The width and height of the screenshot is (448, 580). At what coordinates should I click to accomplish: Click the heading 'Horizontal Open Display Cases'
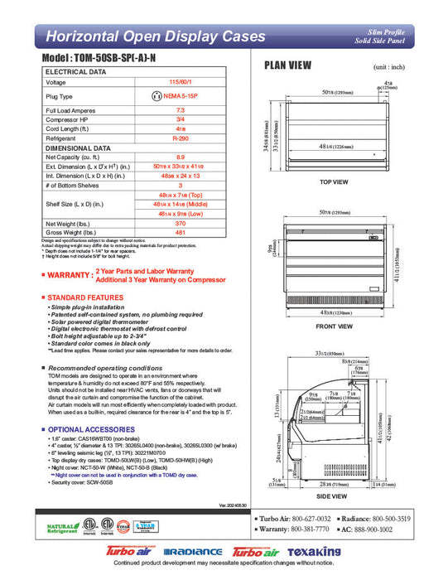click(x=155, y=36)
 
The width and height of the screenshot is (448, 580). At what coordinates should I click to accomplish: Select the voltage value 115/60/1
click(x=191, y=83)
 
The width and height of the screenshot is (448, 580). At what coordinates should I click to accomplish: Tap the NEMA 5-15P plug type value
click(x=194, y=96)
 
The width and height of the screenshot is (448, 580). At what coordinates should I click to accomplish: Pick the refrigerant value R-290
click(x=192, y=138)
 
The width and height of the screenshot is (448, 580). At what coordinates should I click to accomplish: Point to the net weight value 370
click(x=192, y=224)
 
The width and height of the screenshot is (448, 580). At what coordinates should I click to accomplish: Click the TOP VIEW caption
click(x=335, y=181)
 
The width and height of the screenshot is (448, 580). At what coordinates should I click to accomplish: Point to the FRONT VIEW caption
click(x=335, y=326)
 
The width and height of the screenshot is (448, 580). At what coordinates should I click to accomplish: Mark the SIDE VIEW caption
click(x=335, y=495)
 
